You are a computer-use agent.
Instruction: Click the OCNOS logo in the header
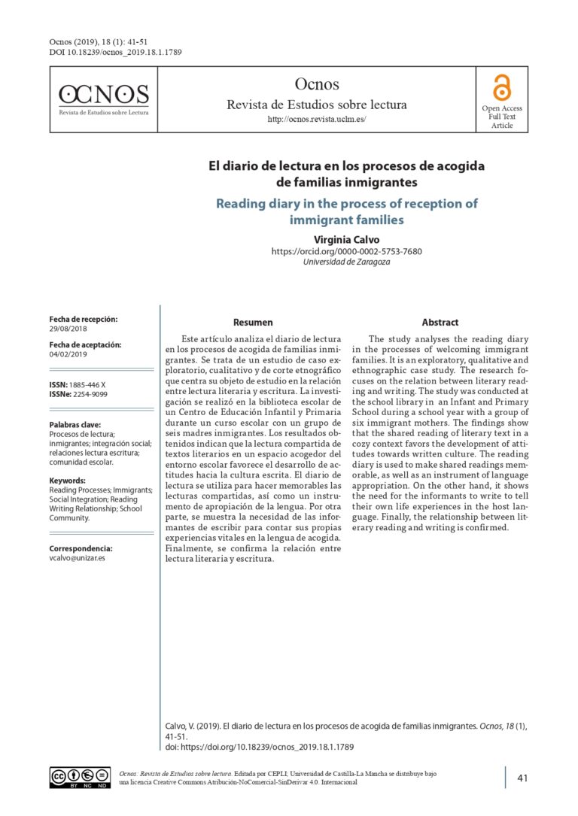point(104,98)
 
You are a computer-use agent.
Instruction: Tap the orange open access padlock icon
point(501,87)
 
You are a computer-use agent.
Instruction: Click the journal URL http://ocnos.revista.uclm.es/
point(317,120)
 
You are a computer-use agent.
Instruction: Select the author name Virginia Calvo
point(346,238)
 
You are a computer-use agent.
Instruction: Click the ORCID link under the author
point(346,251)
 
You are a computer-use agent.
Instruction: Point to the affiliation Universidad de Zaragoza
point(346,262)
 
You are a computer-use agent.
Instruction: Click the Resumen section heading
point(253,323)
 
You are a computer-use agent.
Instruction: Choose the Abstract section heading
point(440,323)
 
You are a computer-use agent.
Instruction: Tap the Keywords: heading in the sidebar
point(68,481)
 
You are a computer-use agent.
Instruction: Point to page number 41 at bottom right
point(523,778)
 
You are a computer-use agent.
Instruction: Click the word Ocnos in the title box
point(317,84)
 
